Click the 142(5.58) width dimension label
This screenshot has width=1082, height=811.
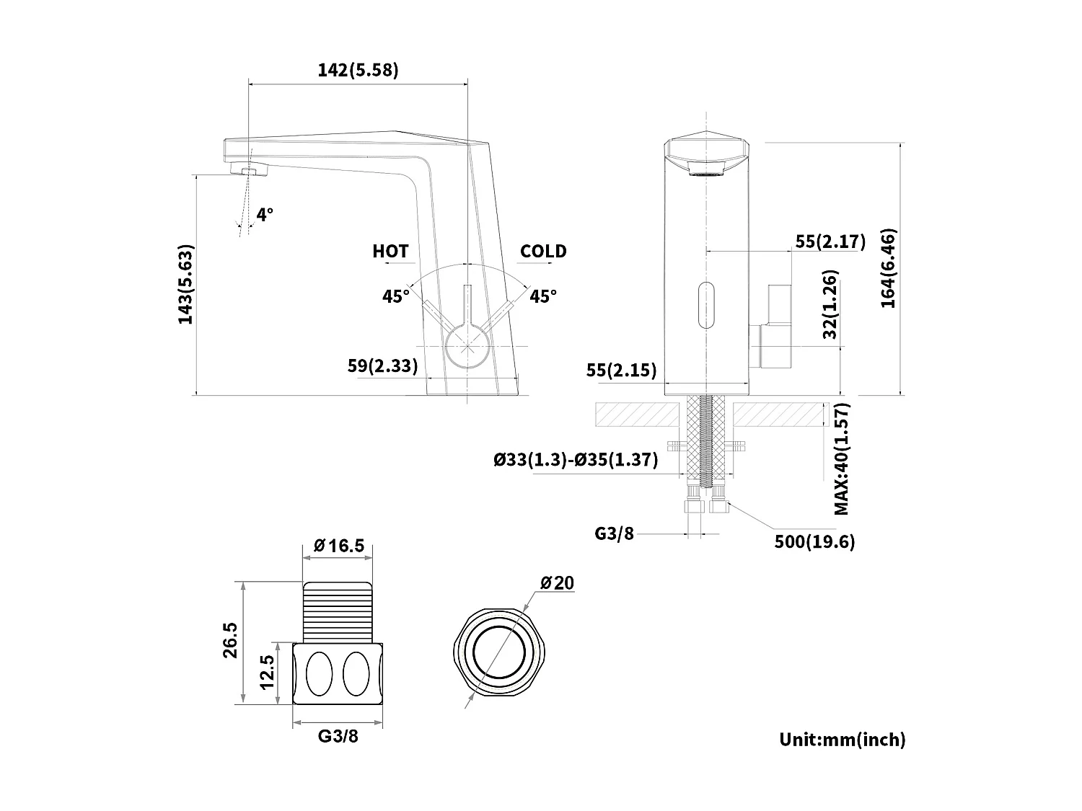coord(358,70)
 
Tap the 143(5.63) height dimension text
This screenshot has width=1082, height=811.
coord(186,285)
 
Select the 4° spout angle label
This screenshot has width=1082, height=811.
coord(265,214)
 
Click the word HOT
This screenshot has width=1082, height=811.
coord(390,251)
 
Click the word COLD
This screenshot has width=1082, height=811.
coord(543,251)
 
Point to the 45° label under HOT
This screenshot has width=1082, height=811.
coord(396,296)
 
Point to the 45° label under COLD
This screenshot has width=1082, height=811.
coord(543,296)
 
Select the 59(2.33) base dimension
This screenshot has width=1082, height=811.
coord(382,365)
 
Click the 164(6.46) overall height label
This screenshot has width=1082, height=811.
coord(888,269)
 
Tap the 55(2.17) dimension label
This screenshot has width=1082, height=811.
coord(830,241)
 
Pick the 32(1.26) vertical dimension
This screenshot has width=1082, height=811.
coord(830,306)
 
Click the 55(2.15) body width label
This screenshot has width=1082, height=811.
coord(621,370)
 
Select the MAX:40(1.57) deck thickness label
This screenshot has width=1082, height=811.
coord(842,459)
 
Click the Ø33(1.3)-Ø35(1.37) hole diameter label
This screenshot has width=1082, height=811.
coord(576,460)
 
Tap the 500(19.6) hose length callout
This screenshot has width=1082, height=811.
coord(814,542)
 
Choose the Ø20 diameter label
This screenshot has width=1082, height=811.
coord(557,582)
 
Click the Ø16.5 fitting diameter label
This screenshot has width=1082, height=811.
coord(338,546)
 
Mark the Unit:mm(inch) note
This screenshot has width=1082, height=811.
coord(842,739)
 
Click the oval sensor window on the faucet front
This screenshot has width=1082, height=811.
coord(706,306)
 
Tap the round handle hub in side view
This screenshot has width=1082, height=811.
coord(467,345)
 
